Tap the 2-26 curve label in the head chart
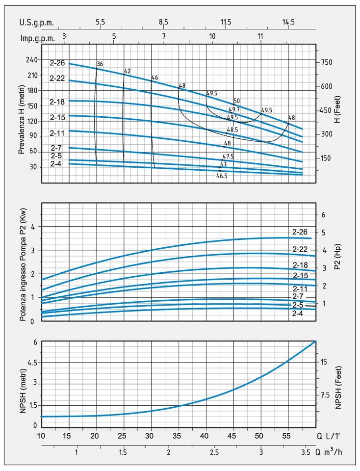57,63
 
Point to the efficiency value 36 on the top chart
100,64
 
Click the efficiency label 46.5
222,175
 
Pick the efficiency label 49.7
234,109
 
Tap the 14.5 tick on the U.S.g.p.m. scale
288,22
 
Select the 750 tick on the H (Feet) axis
327,62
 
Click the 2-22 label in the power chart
300,249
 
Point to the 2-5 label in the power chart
300,305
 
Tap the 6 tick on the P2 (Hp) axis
323,215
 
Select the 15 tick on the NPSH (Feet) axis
324,362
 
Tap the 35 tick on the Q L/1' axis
179,435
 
